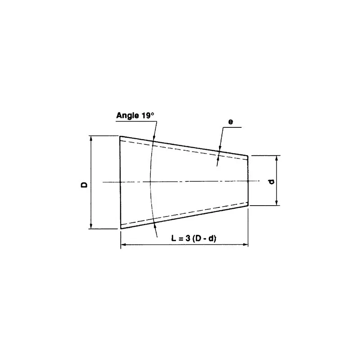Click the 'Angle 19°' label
pyautogui.click(x=135, y=115)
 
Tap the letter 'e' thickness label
pyautogui.click(x=230, y=121)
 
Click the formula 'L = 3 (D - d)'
pyautogui.click(x=194, y=238)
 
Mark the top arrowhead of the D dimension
pyautogui.click(x=91, y=138)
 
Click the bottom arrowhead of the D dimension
pyautogui.click(x=91, y=226)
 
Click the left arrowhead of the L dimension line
pyautogui.click(x=123, y=245)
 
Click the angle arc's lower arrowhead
pyautogui.click(x=154, y=222)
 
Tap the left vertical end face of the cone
pyautogui.click(x=120, y=182)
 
